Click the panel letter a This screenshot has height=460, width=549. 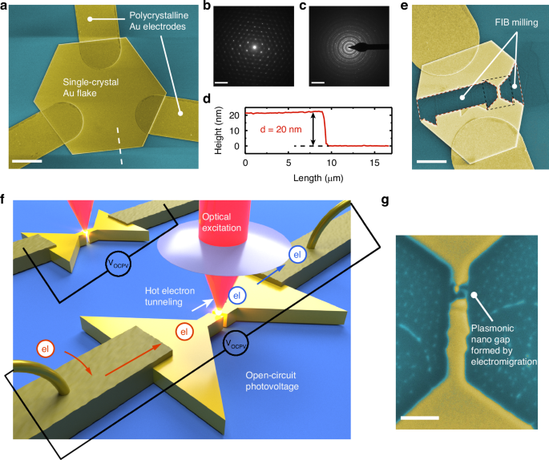coord(6,6)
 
